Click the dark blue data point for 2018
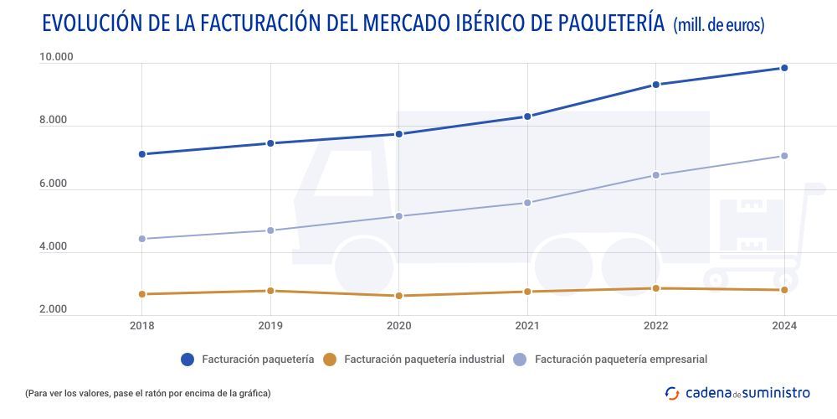click(x=142, y=154)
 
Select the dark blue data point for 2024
click(x=784, y=68)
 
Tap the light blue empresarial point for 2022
click(x=656, y=175)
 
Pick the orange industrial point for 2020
click(x=398, y=296)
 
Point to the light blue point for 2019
click(x=270, y=230)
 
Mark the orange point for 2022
click(x=656, y=288)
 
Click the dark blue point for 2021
click(x=527, y=116)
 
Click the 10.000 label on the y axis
click(x=56, y=57)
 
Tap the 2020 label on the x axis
click(x=398, y=326)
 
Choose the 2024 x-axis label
click(x=784, y=326)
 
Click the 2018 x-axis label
click(x=142, y=326)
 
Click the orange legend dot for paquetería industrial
click(x=330, y=360)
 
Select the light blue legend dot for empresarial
click(x=520, y=360)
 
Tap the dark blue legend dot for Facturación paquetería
click(x=187, y=360)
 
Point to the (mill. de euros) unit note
click(x=718, y=25)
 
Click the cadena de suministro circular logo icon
click(x=671, y=392)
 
